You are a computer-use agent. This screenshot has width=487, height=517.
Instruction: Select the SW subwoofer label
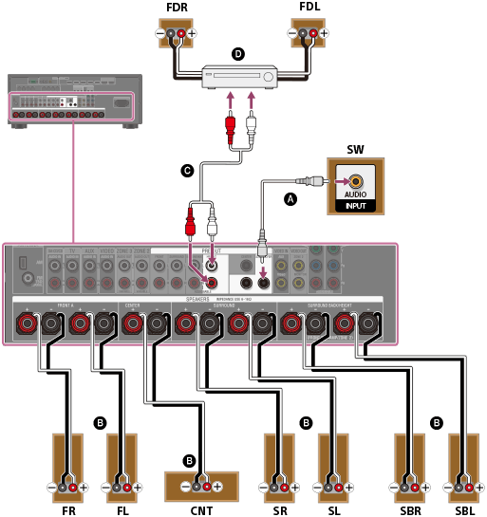pos(355,149)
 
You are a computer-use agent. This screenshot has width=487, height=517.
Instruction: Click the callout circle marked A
pos(290,198)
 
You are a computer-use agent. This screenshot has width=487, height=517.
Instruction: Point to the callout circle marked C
pos(188,171)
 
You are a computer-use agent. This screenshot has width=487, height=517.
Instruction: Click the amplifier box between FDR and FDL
pos(241,72)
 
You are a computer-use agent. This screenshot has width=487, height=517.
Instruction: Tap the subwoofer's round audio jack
pos(355,180)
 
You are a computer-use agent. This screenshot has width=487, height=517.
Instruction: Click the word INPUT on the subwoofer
pos(355,205)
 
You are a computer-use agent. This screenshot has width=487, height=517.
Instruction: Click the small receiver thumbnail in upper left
pos(74,100)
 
